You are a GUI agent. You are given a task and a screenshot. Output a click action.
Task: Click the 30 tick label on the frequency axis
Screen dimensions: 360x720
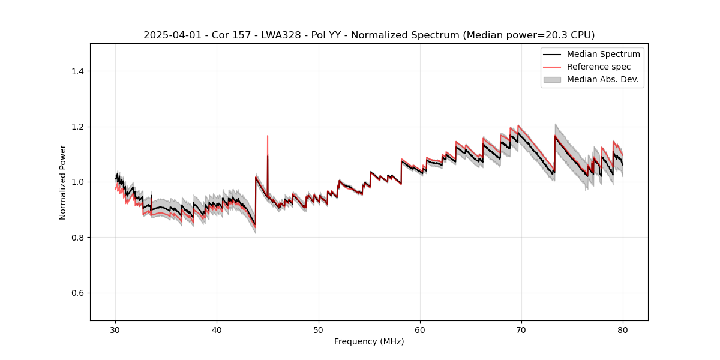tap(115, 330)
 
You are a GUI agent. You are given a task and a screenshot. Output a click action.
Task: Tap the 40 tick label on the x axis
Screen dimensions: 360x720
tap(217, 330)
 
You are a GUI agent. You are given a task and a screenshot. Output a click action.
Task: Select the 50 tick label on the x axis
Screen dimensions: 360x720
tap(319, 330)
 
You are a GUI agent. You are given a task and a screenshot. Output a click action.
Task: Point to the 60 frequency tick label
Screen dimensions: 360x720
tap(420, 330)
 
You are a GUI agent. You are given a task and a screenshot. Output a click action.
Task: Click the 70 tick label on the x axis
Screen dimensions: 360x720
tap(521, 330)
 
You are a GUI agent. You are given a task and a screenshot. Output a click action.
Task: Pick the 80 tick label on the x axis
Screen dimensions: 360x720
tap(623, 330)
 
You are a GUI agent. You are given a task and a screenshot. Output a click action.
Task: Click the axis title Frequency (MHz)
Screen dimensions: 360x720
tap(369, 341)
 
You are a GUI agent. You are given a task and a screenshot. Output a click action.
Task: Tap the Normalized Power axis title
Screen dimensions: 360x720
tap(62, 182)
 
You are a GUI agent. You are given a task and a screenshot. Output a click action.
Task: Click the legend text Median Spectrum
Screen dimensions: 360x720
tap(603, 54)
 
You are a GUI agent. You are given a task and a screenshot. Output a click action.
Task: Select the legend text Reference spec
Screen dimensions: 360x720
tap(599, 67)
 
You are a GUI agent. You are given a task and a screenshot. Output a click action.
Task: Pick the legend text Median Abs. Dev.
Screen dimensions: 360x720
tap(602, 79)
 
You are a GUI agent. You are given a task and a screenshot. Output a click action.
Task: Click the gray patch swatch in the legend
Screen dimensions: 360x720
tap(552, 79)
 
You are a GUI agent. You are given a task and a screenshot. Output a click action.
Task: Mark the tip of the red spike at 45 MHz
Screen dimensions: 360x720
tap(268, 136)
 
